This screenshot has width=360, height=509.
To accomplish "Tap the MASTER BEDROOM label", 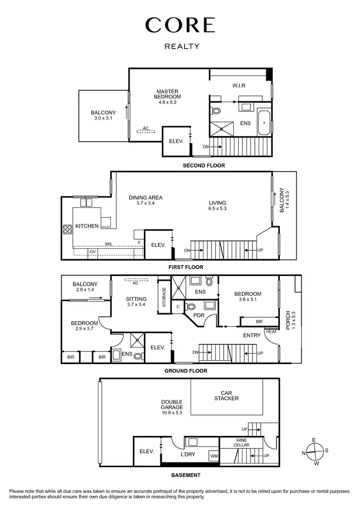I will pyautogui.click(x=168, y=94).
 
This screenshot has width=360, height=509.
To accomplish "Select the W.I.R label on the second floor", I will pyautogui.click(x=239, y=86).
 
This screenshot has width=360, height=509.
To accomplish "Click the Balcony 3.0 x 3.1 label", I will pyautogui.click(x=103, y=116).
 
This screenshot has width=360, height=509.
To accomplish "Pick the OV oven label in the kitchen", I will pyautogui.click(x=92, y=252).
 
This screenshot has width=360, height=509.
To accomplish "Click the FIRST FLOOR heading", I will pyautogui.click(x=186, y=267).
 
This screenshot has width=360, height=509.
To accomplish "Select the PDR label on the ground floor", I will pyautogui.click(x=199, y=315).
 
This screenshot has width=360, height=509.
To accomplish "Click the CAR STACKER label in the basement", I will pyautogui.click(x=227, y=395).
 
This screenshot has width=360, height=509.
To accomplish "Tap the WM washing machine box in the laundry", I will pyautogui.click(x=213, y=456).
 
